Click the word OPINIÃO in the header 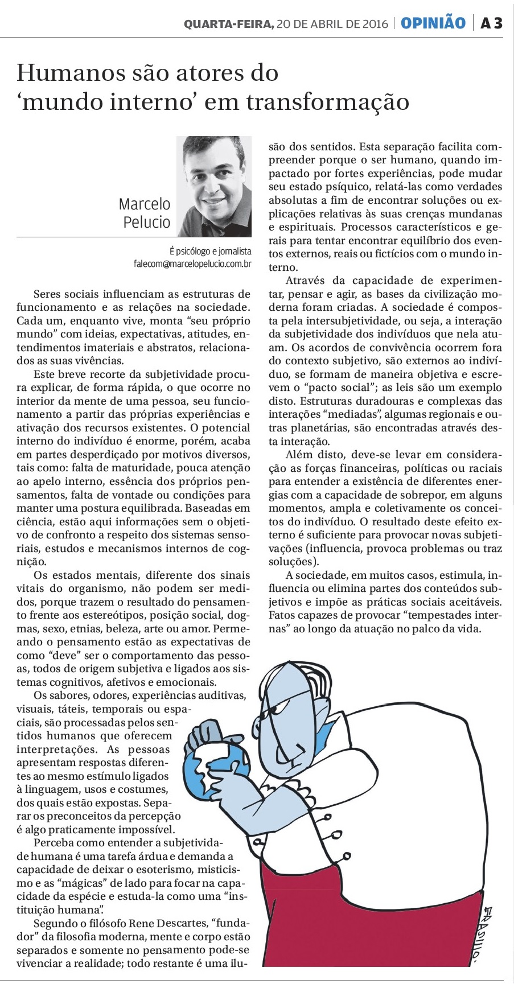point(433,23)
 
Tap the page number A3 point(491,23)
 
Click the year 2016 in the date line point(375,24)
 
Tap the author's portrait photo point(214,186)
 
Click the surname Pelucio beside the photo point(147,222)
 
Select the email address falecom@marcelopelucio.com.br point(192,264)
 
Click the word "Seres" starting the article point(48,294)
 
